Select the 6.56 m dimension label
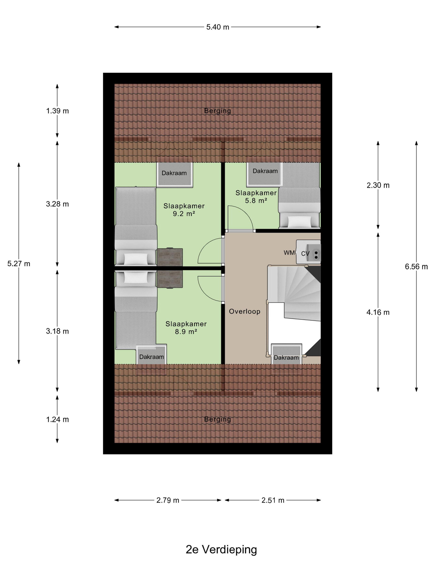click(x=416, y=267)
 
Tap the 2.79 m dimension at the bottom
click(x=168, y=500)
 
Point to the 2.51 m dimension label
click(x=273, y=500)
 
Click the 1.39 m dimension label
click(x=57, y=111)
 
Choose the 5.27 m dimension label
click(x=19, y=264)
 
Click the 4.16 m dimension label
click(x=378, y=312)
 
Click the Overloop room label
click(x=245, y=312)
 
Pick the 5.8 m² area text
click(x=256, y=201)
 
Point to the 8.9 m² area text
click(x=186, y=332)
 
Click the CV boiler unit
click(x=308, y=252)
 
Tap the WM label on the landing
click(x=289, y=253)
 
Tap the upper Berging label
click(x=218, y=111)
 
